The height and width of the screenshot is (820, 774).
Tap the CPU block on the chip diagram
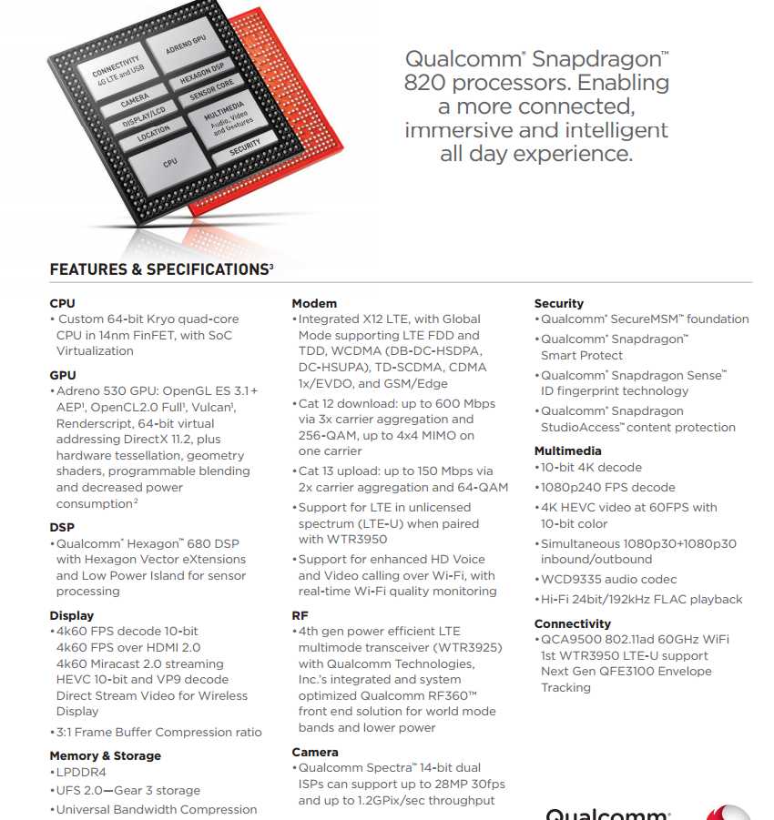click(169, 163)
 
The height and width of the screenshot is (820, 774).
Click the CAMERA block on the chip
click(135, 102)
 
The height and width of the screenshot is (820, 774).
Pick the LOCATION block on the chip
click(153, 134)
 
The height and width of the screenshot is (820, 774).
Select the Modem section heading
click(314, 303)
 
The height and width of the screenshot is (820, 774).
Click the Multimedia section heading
click(567, 450)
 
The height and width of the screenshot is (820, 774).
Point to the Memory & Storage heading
click(105, 755)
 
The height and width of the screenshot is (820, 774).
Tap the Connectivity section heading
click(572, 623)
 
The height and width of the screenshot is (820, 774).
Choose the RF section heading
click(300, 615)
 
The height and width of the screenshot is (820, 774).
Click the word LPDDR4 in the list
click(81, 772)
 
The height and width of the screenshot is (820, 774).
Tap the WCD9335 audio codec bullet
click(608, 579)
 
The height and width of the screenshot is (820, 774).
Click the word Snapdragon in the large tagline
click(600, 60)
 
